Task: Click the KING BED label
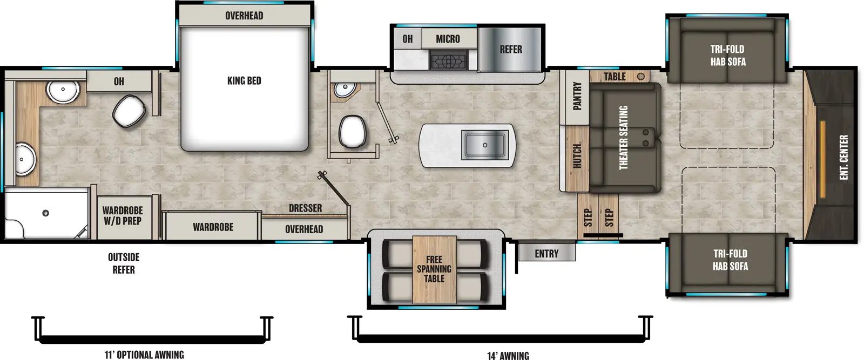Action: click(244, 81)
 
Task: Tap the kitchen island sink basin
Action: click(484, 145)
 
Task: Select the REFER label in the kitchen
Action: click(510, 50)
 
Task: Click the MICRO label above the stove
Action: click(448, 39)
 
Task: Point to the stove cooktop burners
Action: click(447, 60)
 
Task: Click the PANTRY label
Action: click(577, 96)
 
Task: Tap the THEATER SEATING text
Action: click(623, 138)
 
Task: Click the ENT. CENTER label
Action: click(843, 157)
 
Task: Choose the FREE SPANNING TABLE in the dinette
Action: click(434, 269)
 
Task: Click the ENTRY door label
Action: click(546, 254)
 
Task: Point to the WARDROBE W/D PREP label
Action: click(123, 215)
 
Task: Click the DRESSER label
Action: click(305, 208)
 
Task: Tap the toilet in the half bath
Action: click(353, 131)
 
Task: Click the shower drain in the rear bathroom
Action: click(46, 213)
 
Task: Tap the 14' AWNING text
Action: click(508, 355)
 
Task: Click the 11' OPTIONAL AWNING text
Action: click(144, 355)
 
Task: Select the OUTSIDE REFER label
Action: click(124, 263)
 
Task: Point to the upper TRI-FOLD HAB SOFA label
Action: click(727, 55)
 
